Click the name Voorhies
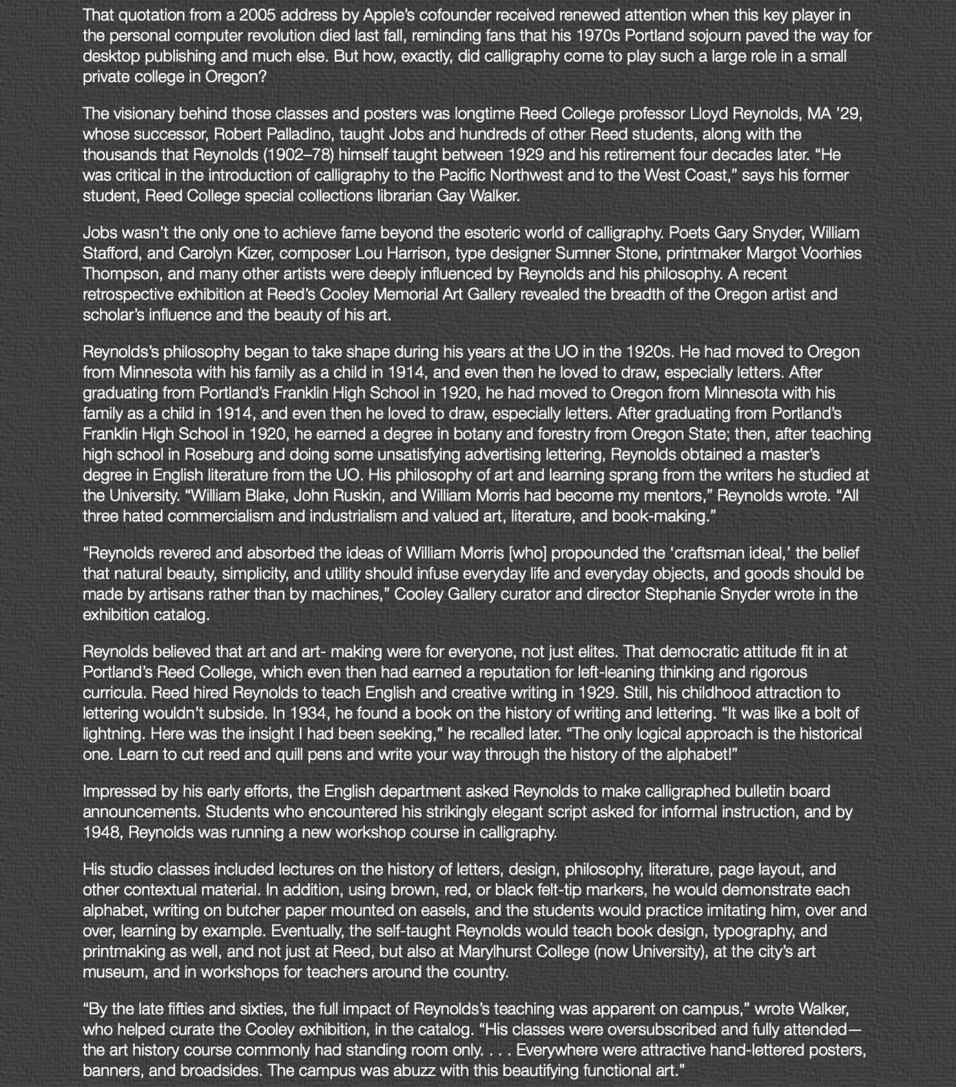(x=831, y=253)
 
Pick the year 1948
(x=102, y=832)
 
